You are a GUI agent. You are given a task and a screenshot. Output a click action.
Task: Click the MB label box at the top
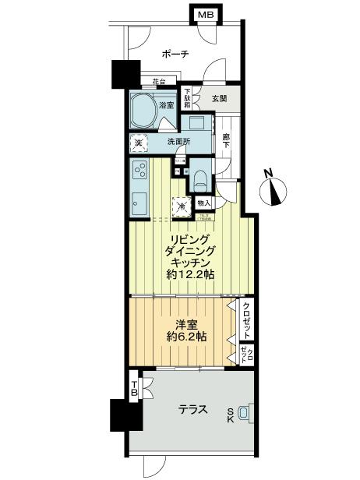204,15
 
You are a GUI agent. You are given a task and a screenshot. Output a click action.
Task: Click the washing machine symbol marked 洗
138,143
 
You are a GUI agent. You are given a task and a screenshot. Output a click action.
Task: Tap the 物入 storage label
204,203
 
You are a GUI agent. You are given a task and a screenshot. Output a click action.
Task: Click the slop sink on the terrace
244,413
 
